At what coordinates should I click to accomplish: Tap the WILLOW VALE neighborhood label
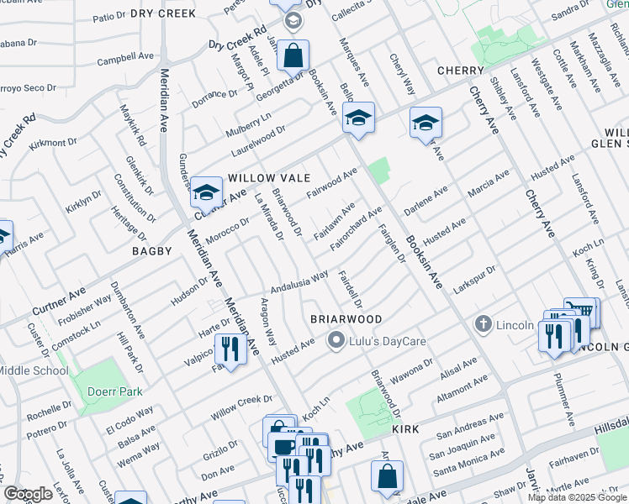pos(269,178)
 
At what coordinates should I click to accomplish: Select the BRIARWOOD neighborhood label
pos(346,319)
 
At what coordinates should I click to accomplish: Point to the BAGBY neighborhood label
pos(151,251)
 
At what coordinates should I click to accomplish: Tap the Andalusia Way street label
pos(298,280)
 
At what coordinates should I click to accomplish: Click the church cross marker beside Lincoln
pos(483,323)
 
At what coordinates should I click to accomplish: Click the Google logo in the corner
pos(28,494)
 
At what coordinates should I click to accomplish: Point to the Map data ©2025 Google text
pos(577,497)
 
